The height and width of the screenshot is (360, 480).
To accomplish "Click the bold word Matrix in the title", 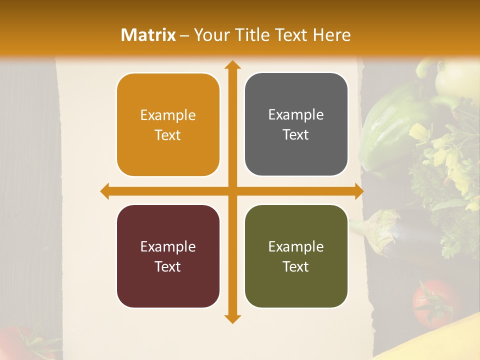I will (x=148, y=35).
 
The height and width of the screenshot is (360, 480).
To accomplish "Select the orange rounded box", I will (x=168, y=125).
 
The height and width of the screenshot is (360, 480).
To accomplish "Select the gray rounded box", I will (x=296, y=124).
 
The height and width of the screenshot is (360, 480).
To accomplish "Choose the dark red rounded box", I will (x=168, y=256).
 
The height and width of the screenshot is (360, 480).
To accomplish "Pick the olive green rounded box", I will (x=296, y=256).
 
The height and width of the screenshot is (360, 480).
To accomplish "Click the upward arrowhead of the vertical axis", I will (x=232, y=65).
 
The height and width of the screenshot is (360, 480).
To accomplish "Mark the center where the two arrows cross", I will (x=232, y=191).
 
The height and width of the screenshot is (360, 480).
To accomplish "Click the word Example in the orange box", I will (x=168, y=115).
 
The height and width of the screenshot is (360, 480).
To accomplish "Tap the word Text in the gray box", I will (x=296, y=135).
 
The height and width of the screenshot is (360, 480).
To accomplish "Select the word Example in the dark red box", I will (x=168, y=247).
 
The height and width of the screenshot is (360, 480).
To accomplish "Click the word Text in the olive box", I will (x=296, y=267).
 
